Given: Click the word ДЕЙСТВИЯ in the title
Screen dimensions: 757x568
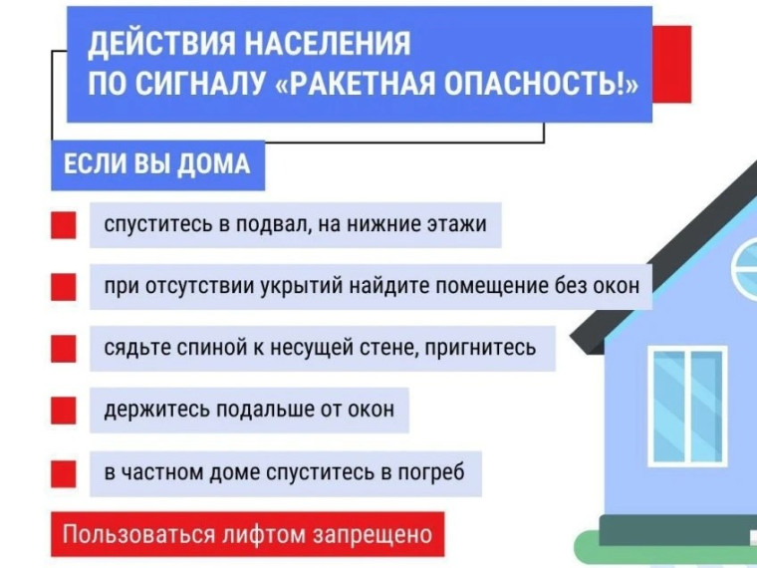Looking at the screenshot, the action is click(x=161, y=45).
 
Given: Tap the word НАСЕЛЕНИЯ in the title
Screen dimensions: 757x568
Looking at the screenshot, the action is click(x=328, y=43).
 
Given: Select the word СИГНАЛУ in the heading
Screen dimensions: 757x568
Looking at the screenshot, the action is click(x=199, y=84).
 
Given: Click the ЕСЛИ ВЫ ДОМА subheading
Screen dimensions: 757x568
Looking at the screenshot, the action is click(x=157, y=164).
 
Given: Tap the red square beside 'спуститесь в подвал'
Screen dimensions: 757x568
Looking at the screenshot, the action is click(x=63, y=225).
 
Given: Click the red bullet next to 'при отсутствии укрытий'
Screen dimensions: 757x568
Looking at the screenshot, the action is click(x=63, y=287).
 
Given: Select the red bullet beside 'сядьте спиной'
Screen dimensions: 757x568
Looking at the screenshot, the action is click(x=63, y=349).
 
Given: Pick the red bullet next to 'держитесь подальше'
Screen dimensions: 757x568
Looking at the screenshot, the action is click(x=63, y=411).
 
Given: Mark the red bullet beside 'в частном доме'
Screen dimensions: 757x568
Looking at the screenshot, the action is click(x=63, y=473).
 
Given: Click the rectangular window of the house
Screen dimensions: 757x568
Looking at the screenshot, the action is click(x=687, y=407).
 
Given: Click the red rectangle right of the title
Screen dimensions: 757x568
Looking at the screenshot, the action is click(x=671, y=64).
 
